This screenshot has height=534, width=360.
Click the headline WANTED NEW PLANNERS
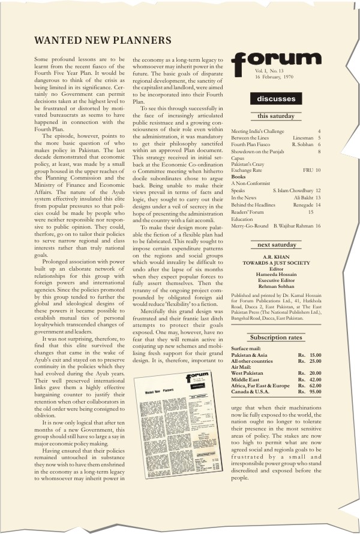point(103,41)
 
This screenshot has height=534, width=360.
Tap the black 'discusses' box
point(276,99)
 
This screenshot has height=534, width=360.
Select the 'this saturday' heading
point(276,116)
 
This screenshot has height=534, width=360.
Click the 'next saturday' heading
point(276,245)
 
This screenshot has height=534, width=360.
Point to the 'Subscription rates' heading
point(276,338)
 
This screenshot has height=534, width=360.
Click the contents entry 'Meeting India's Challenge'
point(259,131)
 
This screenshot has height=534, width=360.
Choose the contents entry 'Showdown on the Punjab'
point(259,152)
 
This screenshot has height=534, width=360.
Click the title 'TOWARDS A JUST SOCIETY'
point(276,262)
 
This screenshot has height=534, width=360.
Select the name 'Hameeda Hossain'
point(276,274)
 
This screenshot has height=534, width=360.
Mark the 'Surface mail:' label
point(247,348)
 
